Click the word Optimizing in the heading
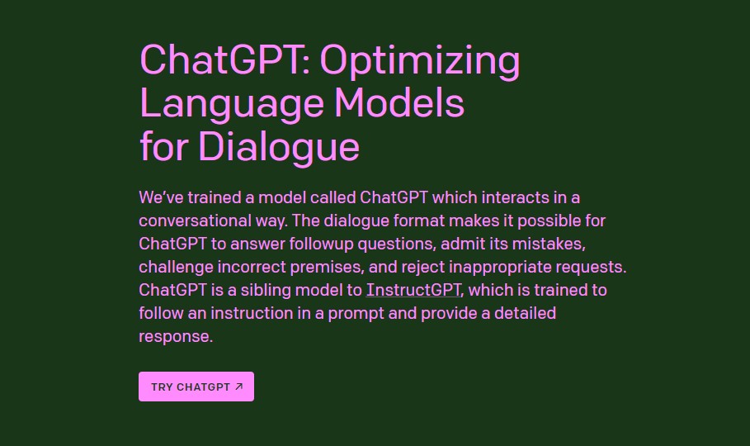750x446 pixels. coord(419,62)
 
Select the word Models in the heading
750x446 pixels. coord(399,102)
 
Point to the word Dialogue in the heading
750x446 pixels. coord(279,147)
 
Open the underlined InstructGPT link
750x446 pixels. coord(413,290)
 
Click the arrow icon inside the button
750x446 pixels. coord(239,387)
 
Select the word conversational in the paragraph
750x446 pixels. coord(195,221)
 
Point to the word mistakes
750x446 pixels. coord(548,244)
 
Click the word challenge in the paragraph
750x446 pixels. coord(176,268)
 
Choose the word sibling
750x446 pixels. coord(266,290)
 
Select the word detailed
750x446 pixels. coord(525,313)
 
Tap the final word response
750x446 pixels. coord(175,337)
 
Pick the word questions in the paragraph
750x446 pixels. coord(397,244)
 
